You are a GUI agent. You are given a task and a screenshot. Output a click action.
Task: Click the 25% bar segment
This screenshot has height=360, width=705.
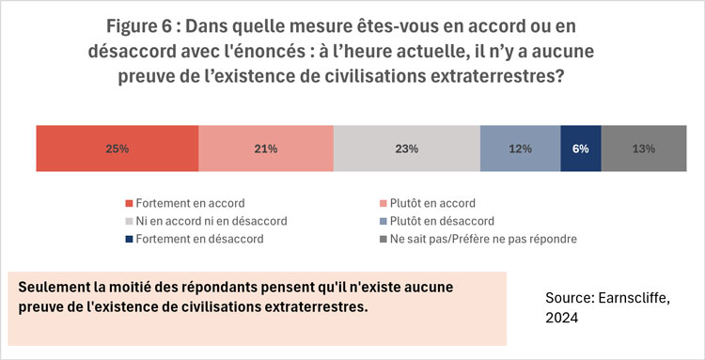pyautogui.click(x=117, y=149)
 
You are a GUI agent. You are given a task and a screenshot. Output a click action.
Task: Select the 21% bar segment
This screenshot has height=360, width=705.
pyautogui.click(x=266, y=149)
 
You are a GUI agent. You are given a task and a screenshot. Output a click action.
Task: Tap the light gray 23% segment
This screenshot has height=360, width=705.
pyautogui.click(x=407, y=149)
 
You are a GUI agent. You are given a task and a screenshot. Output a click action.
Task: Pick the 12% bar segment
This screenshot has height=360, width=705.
pyautogui.click(x=520, y=149)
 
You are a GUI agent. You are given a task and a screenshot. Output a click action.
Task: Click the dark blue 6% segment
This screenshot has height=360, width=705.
pyautogui.click(x=580, y=149)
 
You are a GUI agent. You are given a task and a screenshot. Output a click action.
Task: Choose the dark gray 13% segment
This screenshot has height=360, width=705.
pyautogui.click(x=643, y=149)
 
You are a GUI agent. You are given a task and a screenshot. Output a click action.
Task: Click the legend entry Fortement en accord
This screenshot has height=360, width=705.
pyautogui.click(x=191, y=203)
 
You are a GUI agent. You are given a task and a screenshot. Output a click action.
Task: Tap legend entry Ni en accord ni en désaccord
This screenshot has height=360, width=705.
pyautogui.click(x=211, y=221)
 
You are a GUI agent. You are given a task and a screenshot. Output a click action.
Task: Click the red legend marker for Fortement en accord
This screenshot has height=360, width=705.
pyautogui.click(x=129, y=204)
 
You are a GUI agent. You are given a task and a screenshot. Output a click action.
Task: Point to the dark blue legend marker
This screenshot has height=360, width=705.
pyautogui.click(x=129, y=240)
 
